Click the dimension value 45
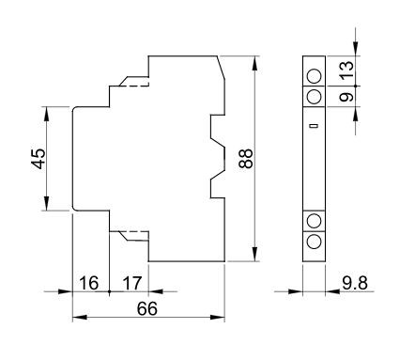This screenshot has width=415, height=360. tap(39, 159)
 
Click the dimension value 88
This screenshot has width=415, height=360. tap(246, 159)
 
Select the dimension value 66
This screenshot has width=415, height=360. tap(147, 309)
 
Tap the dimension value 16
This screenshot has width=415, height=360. tap(89, 283)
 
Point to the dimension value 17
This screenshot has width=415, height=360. tap(132, 283)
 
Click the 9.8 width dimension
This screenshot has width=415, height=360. tap(355, 283)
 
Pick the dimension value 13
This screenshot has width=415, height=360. tap(347, 70)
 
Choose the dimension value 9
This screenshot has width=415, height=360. tap(347, 97)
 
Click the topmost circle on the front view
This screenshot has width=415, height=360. tap(314, 76)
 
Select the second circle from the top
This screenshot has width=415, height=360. tap(314, 97)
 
